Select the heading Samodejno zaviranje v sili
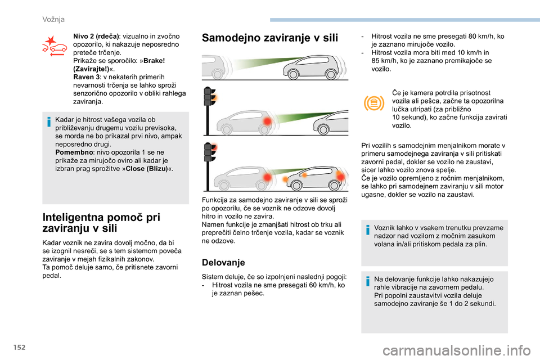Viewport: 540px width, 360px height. point(270,38)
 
